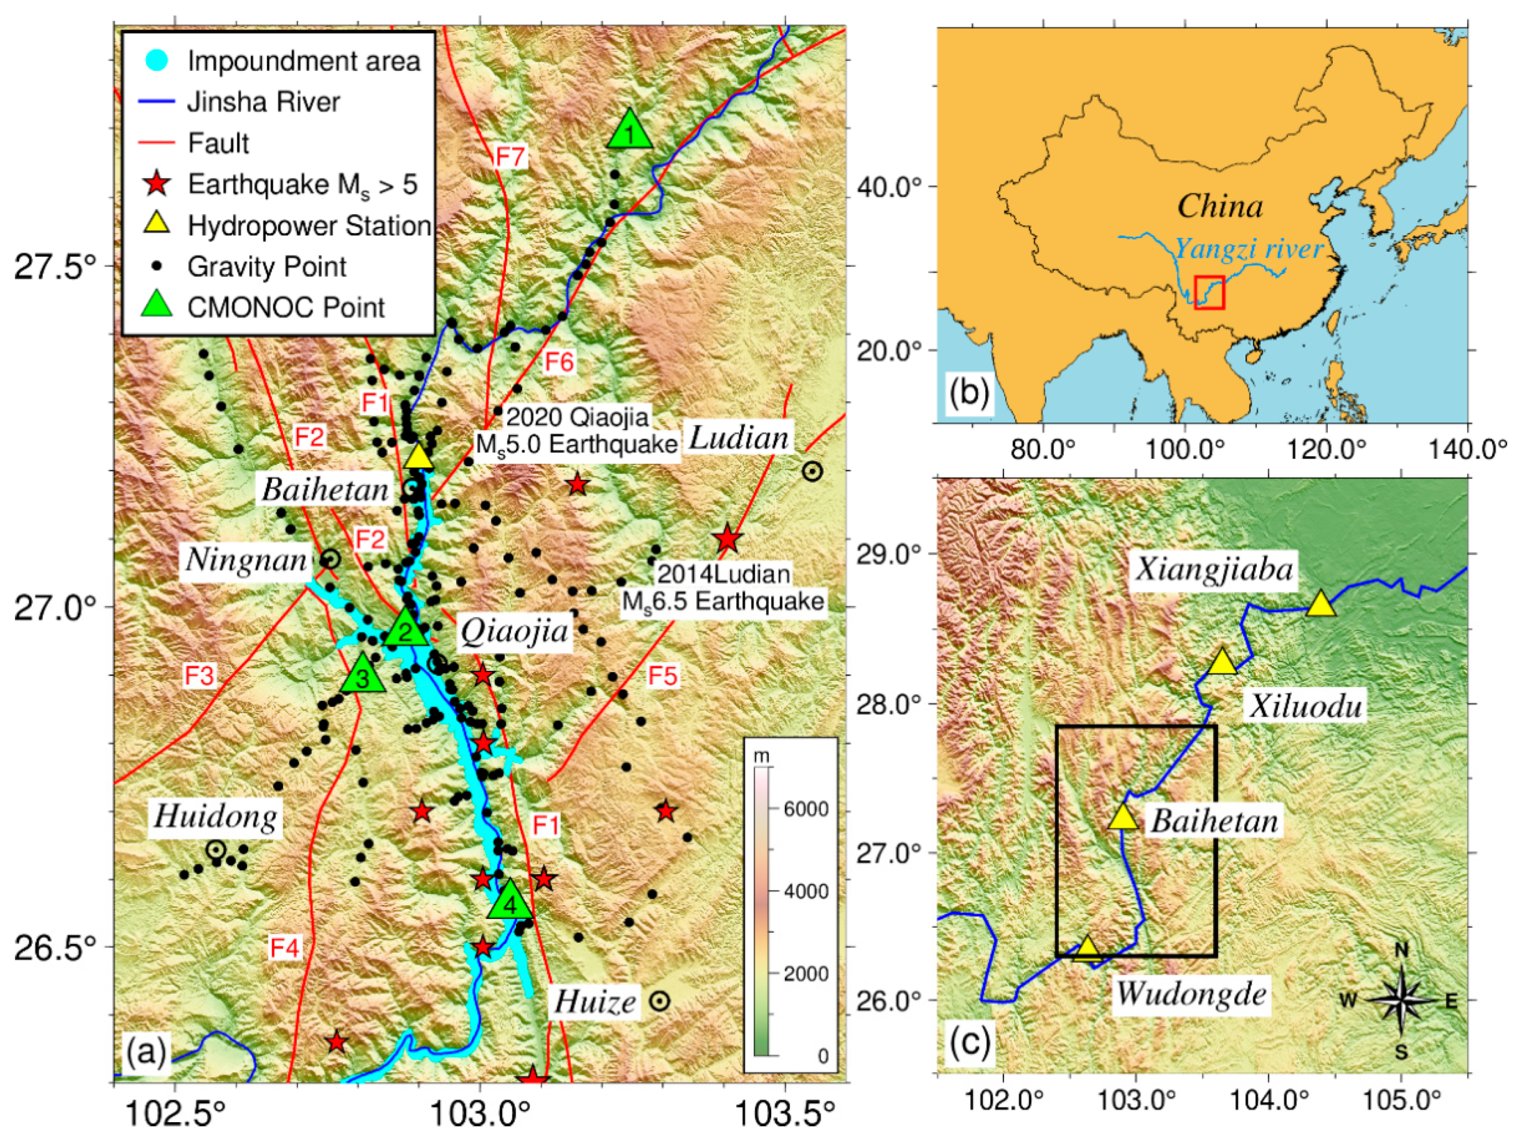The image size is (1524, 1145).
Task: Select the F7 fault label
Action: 510,157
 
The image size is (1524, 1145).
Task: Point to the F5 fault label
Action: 663,676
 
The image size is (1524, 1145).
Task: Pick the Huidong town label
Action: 216,817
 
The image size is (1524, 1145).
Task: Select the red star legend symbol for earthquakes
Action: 158,184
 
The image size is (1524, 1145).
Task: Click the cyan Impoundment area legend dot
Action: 158,61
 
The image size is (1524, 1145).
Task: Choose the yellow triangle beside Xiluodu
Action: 1223,662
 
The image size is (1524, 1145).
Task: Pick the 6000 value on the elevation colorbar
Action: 806,809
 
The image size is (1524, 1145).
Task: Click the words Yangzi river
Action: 1248,249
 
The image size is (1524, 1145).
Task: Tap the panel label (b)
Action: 969,393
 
